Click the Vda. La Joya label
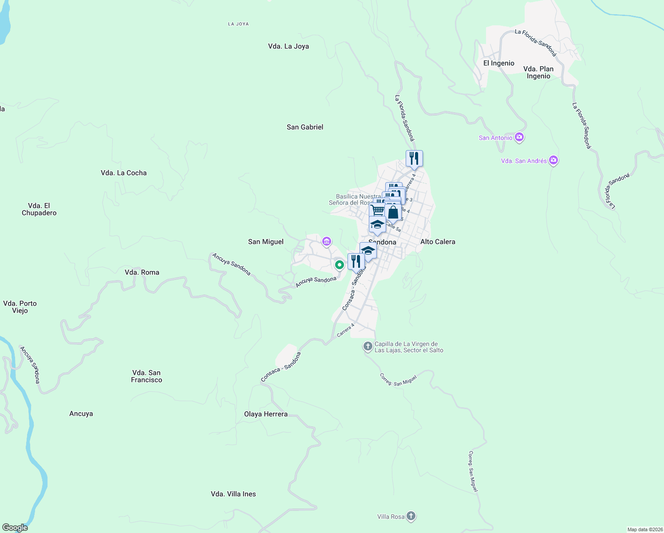click(289, 46)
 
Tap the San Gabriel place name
click(305, 127)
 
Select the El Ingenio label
click(499, 63)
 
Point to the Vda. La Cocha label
click(123, 173)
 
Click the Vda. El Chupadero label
click(39, 209)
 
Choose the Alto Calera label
click(438, 242)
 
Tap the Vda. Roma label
click(142, 272)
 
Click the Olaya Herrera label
click(266, 414)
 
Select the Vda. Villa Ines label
click(233, 494)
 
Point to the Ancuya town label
click(81, 414)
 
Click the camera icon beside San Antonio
click(519, 137)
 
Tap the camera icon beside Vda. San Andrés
click(553, 160)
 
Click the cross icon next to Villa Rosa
click(411, 516)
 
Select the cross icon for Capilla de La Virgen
click(368, 346)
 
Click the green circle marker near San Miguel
click(340, 265)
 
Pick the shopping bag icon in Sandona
click(393, 212)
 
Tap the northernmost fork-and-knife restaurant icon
click(414, 158)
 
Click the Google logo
click(15, 528)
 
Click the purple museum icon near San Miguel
click(327, 242)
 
